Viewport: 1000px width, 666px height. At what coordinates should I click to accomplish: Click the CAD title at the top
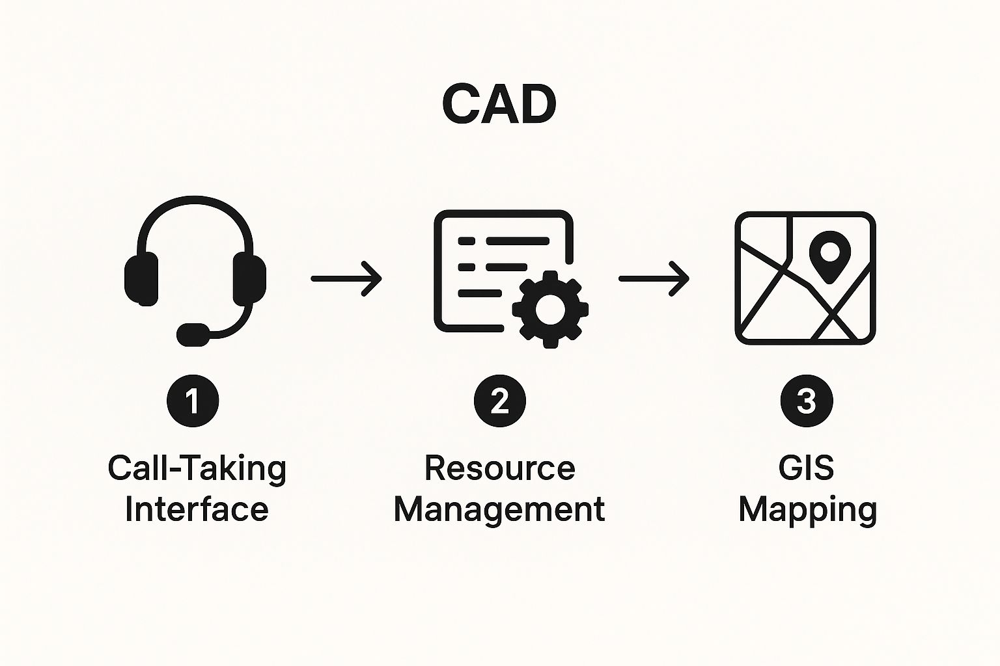(499, 105)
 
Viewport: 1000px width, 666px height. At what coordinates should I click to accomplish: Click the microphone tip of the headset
(193, 334)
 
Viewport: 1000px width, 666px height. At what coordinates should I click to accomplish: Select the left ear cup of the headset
(141, 279)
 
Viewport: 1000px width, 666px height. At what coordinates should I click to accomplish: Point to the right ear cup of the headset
(249, 279)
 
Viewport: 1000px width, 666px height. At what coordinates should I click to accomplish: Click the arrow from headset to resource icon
(346, 278)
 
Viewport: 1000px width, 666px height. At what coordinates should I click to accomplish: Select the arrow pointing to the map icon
(653, 278)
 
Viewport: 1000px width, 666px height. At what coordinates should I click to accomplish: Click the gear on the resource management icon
(550, 308)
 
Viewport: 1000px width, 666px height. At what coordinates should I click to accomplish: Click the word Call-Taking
(197, 468)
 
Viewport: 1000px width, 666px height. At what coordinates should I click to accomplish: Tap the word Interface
(197, 509)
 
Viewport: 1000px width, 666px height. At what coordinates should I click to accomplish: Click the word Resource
(499, 468)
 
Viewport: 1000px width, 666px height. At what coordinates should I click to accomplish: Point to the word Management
(499, 510)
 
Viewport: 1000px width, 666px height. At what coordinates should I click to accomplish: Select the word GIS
(806, 468)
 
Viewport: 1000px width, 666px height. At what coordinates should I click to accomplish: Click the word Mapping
(807, 510)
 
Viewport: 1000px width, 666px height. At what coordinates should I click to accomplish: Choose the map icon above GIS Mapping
(805, 278)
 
